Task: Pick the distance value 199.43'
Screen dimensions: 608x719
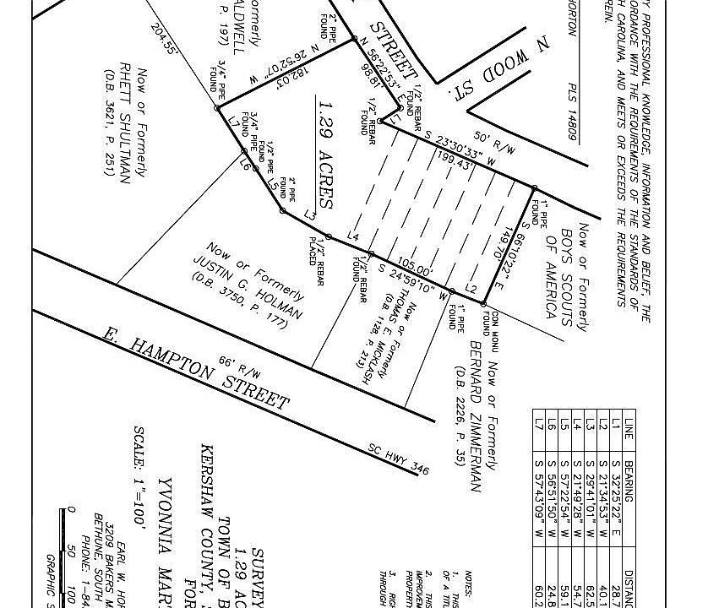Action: (456, 161)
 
